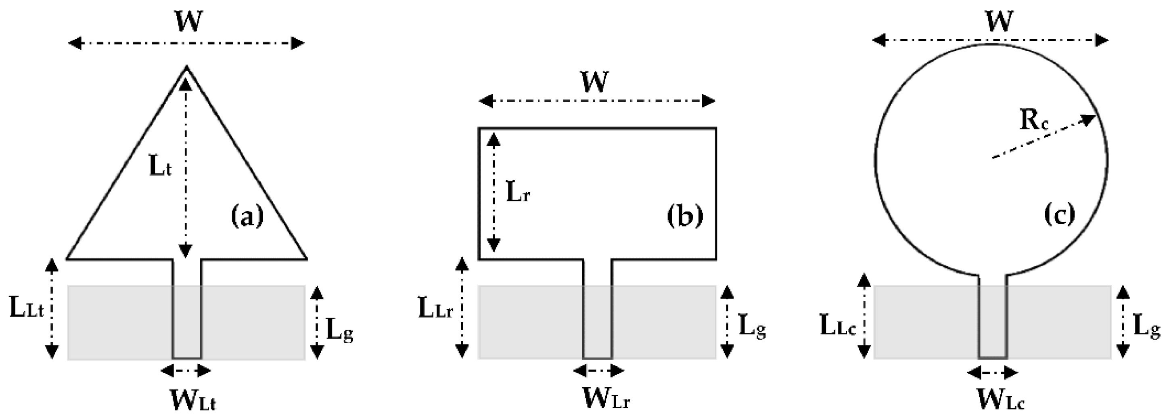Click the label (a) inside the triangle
coord(247,216)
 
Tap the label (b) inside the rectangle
coord(685,216)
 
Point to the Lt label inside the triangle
coord(160,167)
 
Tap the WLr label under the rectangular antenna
coord(607,400)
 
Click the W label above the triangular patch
coord(188,21)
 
